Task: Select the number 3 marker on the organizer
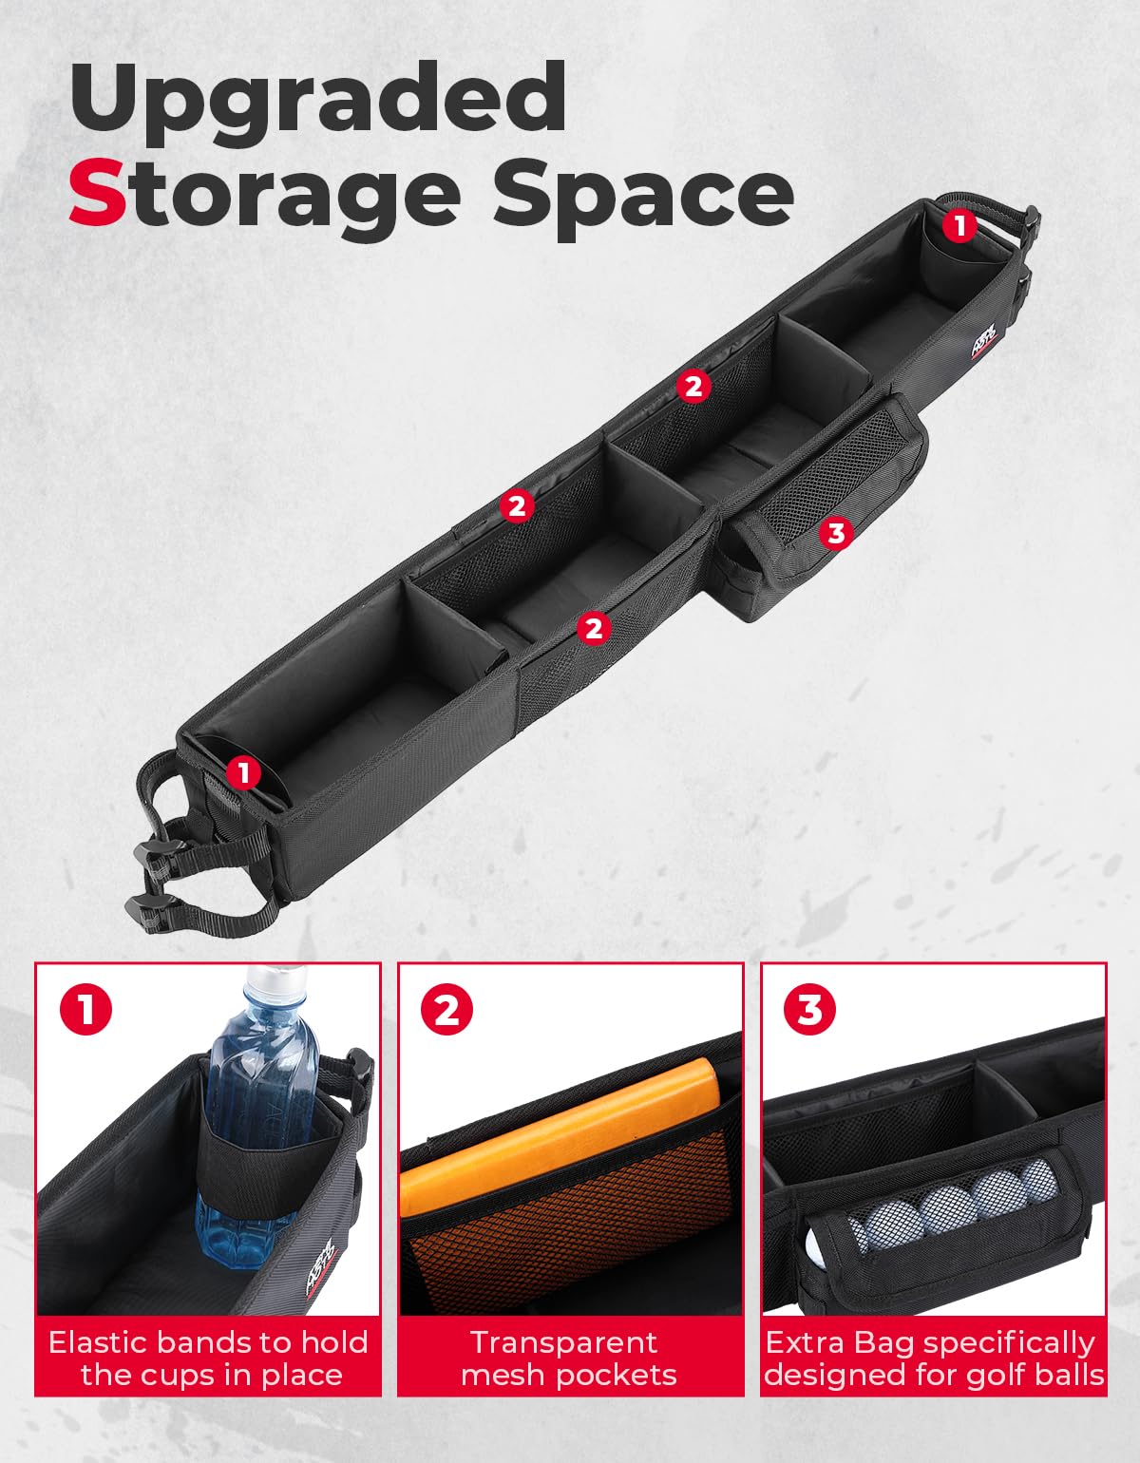836,533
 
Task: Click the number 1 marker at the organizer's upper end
959,225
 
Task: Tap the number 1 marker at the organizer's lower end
243,772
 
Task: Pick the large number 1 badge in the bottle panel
85,1009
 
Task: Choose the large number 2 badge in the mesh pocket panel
446,1009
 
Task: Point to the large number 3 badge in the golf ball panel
809,1009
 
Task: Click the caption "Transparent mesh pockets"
569,1358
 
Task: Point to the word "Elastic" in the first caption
98,1342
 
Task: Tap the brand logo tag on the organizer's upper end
989,339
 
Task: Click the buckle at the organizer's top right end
1031,222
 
